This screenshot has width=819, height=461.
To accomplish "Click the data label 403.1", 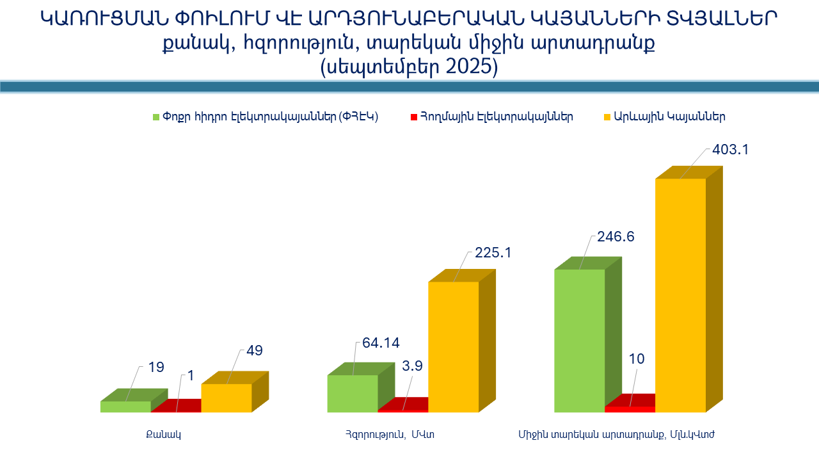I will (730, 150).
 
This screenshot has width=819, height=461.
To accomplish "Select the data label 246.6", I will (616, 237).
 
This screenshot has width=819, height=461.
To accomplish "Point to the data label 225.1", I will (493, 253).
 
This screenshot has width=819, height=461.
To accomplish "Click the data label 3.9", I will (413, 366).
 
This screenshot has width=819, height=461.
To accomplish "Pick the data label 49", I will (255, 351).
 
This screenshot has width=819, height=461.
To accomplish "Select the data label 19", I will (156, 368).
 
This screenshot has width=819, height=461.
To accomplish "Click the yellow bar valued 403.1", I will (680, 295).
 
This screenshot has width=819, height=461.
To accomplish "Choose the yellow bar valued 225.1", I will (453, 346).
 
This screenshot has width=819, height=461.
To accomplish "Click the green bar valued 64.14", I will (353, 393).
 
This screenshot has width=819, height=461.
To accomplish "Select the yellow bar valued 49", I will (227, 398).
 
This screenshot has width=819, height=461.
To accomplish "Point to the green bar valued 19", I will (125, 407).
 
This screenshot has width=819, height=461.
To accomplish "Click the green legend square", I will (155, 117).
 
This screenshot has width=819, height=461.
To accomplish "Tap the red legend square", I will (413, 117).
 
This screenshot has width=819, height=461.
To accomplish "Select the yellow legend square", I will (607, 117).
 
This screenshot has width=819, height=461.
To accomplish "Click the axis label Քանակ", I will (163, 435).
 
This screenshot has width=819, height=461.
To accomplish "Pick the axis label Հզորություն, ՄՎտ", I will (390, 435).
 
